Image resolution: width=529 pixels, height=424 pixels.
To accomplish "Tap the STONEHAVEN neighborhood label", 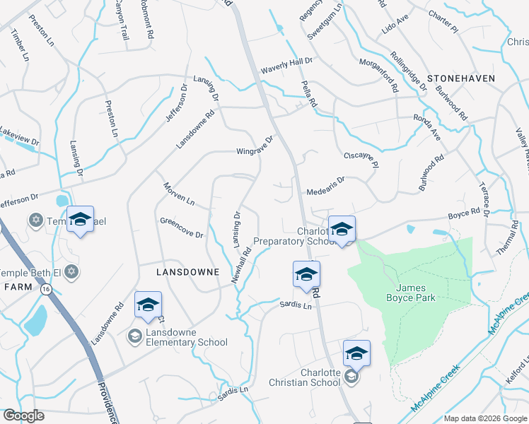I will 460,78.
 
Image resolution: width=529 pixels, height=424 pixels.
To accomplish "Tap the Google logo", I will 23,416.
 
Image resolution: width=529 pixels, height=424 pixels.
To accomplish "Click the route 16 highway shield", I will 46,289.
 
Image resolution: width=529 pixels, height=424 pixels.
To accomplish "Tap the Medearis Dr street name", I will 325,186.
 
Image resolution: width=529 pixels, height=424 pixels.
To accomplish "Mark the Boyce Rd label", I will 465,213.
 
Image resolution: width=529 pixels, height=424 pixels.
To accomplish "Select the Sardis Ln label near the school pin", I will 295,305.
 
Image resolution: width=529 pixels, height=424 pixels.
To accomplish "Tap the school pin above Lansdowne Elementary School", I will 149,305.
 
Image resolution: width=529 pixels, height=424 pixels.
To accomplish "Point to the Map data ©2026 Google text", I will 485,418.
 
